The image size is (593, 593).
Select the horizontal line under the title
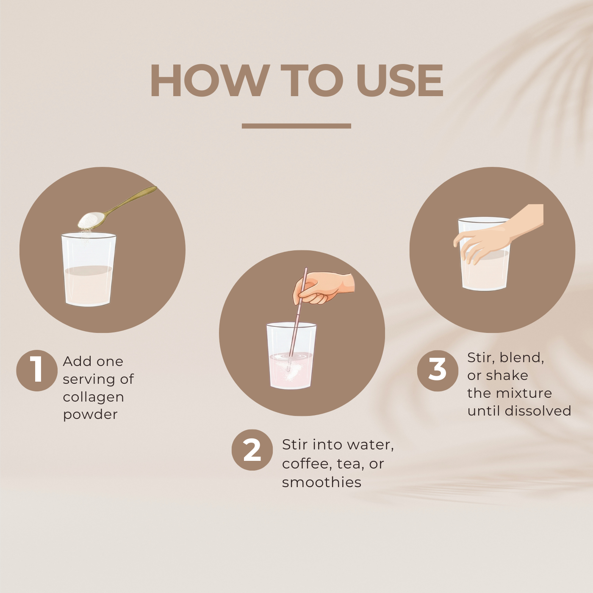click(296, 126)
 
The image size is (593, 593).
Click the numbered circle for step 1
click(37, 370)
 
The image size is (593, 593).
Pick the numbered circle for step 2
click(252, 450)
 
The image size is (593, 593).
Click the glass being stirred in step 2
click(291, 360)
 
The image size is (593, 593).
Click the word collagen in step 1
click(93, 397)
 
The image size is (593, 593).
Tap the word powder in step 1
click(90, 415)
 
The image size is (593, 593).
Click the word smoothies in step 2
click(321, 482)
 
